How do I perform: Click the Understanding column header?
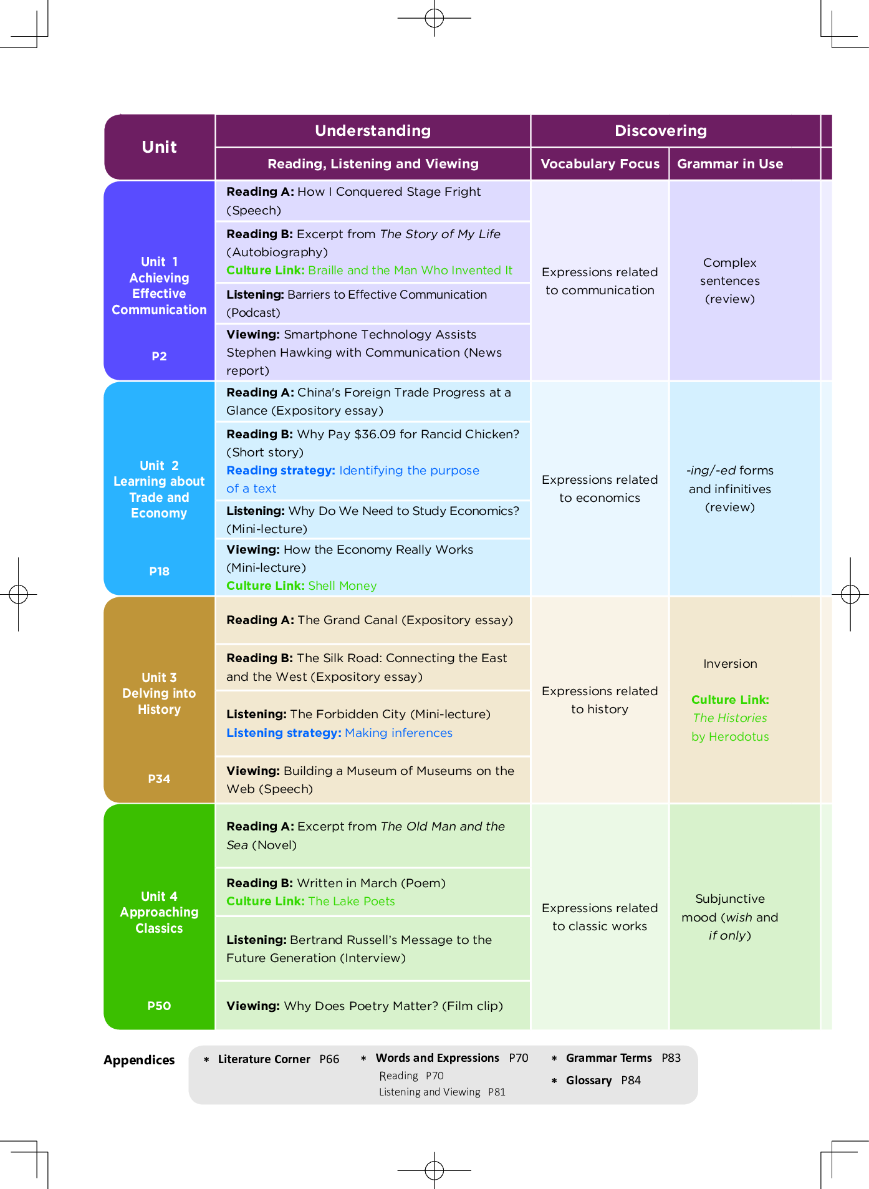pyautogui.click(x=373, y=130)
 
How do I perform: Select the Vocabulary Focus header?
pyautogui.click(x=600, y=164)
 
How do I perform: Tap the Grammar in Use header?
pyautogui.click(x=730, y=164)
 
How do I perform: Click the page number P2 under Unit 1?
pyautogui.click(x=159, y=356)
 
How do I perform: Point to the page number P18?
pyautogui.click(x=159, y=571)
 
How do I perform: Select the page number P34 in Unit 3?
pyautogui.click(x=159, y=779)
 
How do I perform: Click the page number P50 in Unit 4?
pyautogui.click(x=159, y=1006)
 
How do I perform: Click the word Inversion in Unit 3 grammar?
pyautogui.click(x=730, y=664)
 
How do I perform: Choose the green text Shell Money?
pyautogui.click(x=342, y=586)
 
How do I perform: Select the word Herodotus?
pyautogui.click(x=739, y=737)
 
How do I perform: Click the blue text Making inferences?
pyautogui.click(x=398, y=733)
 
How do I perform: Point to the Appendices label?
pyautogui.click(x=139, y=1060)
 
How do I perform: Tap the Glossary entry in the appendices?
pyautogui.click(x=588, y=1081)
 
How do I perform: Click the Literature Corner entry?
pyautogui.click(x=264, y=1059)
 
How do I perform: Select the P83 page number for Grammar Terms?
pyautogui.click(x=671, y=1058)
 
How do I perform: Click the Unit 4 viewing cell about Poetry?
pyautogui.click(x=373, y=1006)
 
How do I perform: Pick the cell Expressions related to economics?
pyautogui.click(x=600, y=489)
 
